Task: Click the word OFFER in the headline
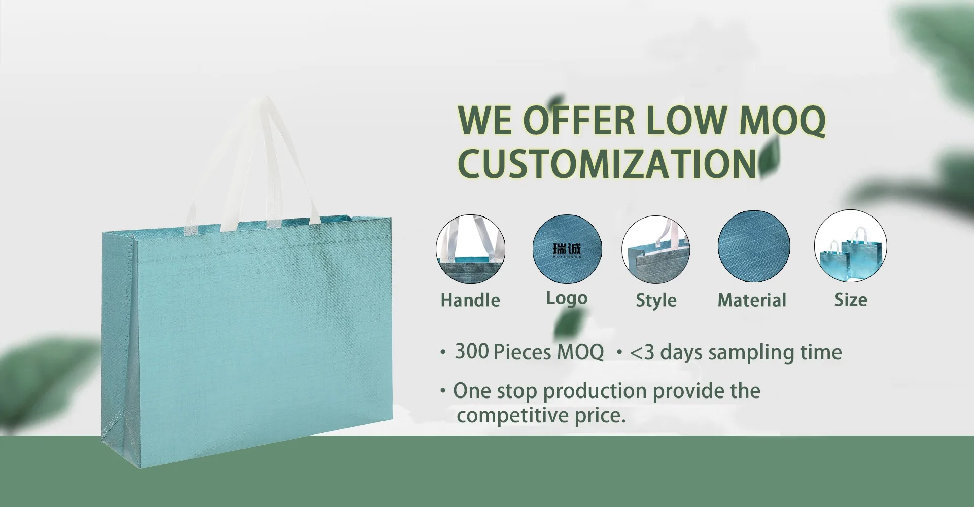click(x=579, y=121)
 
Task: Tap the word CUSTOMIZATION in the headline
click(x=607, y=163)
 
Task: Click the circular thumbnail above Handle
click(x=470, y=249)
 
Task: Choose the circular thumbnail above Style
click(x=656, y=249)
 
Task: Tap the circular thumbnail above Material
click(x=754, y=246)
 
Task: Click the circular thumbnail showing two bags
click(x=850, y=246)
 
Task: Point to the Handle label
click(x=470, y=300)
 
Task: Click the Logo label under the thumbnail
click(x=567, y=298)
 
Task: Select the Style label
click(x=656, y=300)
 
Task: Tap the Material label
click(x=752, y=300)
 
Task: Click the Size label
click(x=851, y=300)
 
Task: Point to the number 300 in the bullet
click(x=472, y=351)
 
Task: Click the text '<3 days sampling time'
click(x=736, y=352)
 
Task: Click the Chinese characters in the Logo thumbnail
click(x=567, y=248)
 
